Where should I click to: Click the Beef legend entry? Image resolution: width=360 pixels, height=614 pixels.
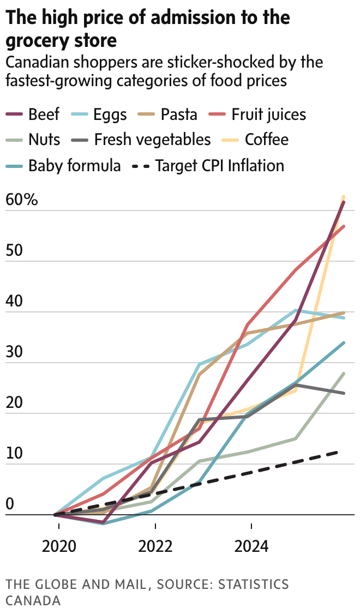44,115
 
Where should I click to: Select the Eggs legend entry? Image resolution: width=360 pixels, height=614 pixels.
110,115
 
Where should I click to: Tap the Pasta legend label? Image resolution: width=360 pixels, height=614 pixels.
178,115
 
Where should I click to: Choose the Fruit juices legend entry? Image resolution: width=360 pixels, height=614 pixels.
268,115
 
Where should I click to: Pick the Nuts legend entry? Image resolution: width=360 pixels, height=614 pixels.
44,140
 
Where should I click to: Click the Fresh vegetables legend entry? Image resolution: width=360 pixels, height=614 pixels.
152,140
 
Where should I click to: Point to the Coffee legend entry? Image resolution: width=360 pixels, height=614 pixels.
266,140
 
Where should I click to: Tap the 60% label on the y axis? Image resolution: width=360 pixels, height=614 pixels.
22,200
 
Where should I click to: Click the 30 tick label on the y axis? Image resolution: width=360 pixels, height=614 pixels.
15,352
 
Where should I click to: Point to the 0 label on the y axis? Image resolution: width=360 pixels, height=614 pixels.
9,504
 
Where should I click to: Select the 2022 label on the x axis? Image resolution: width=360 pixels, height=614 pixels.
155,546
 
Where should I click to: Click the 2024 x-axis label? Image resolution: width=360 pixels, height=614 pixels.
251,546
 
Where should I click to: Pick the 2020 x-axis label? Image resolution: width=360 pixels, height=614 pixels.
59,546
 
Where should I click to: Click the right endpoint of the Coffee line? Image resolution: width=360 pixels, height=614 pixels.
344,196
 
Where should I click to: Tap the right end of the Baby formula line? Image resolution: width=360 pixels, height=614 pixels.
344,342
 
